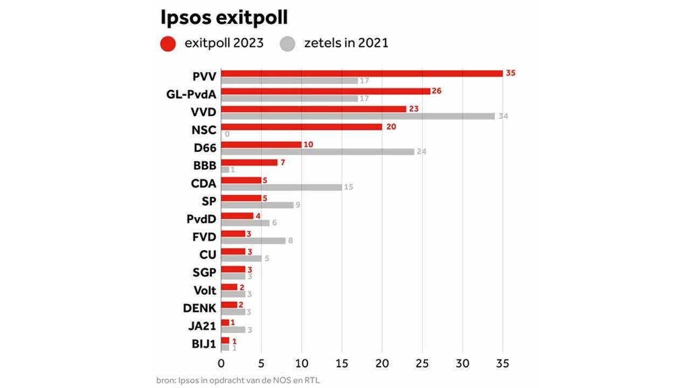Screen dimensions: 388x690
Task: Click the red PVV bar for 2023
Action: (362, 73)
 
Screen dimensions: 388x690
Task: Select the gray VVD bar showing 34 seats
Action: (358, 116)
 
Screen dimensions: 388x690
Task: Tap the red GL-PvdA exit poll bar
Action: (326, 91)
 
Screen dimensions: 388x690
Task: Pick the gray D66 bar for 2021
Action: (318, 151)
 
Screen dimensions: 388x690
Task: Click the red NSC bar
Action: (301, 127)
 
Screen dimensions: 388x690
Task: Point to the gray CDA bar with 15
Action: (281, 187)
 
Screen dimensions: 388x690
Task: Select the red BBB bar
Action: (249, 162)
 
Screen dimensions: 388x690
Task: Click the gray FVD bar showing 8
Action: (253, 240)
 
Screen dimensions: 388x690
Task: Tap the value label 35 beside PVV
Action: (510, 73)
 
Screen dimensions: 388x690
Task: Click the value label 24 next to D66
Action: (422, 151)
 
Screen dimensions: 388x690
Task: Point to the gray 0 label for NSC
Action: (227, 134)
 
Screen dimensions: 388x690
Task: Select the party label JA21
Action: (202, 326)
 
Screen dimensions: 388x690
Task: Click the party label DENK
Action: (199, 308)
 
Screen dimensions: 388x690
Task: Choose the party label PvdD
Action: (201, 219)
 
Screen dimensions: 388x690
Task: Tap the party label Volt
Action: (205, 290)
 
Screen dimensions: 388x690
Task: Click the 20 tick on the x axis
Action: (382, 363)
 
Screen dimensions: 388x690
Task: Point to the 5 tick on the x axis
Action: (261, 363)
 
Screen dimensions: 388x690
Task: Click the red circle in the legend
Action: (169, 44)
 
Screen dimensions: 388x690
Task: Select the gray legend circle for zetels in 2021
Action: (288, 44)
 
